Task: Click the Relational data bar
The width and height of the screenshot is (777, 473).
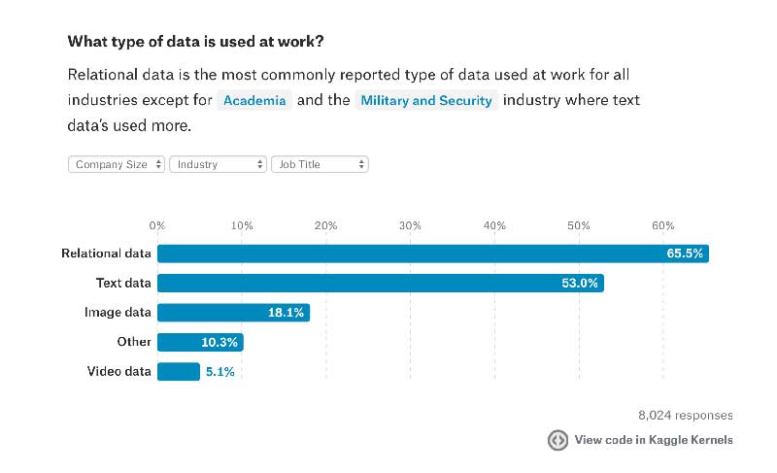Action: tap(432, 253)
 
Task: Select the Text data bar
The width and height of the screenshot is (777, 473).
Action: tap(380, 284)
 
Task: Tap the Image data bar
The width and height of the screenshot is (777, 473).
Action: tap(233, 313)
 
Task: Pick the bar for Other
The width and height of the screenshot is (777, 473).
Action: tap(200, 342)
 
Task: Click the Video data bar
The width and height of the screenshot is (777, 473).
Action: tap(178, 371)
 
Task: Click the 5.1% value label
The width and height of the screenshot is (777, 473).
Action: tap(219, 371)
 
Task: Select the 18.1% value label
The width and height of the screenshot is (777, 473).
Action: tap(286, 313)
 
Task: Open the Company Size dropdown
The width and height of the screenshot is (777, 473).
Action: tap(117, 165)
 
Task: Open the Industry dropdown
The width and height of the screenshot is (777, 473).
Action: tap(218, 165)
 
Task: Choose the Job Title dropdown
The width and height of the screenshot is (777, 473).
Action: tap(320, 165)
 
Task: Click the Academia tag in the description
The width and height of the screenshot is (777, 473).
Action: tap(254, 101)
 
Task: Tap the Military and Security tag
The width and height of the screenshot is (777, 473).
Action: tap(426, 101)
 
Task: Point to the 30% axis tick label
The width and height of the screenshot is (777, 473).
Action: tap(410, 225)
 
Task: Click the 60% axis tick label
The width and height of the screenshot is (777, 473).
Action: tap(663, 225)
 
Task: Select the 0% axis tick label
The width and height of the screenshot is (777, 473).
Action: tap(157, 225)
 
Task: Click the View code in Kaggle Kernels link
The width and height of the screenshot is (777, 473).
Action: tap(654, 440)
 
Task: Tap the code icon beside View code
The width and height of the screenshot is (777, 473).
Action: tap(557, 440)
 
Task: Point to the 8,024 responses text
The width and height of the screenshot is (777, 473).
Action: tap(686, 416)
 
